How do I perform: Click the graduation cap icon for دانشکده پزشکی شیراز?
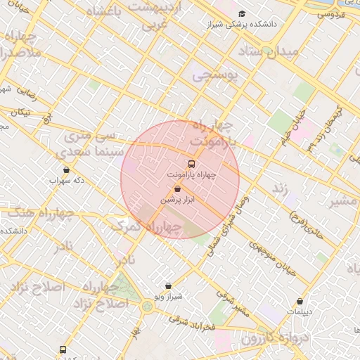(x=242, y=14)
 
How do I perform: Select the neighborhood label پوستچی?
(x=215, y=73)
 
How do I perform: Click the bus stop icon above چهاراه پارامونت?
(x=192, y=163)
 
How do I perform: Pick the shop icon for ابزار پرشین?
(x=176, y=189)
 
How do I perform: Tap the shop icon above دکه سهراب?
(x=67, y=169)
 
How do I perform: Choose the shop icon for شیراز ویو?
(x=168, y=286)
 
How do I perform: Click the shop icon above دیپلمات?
(x=300, y=301)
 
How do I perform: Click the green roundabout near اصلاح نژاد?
(x=147, y=306)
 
